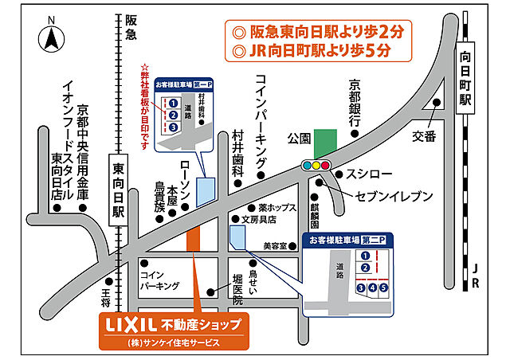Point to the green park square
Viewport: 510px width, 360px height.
tap(324, 143)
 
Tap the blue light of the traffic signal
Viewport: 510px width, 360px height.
tap(326, 166)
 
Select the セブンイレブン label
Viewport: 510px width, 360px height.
tap(382, 195)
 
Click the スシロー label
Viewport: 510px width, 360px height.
tap(368, 174)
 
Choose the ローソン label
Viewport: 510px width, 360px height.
tap(186, 175)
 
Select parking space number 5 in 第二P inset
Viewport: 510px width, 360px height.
tap(383, 287)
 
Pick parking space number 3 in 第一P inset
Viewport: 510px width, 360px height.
tap(173, 127)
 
